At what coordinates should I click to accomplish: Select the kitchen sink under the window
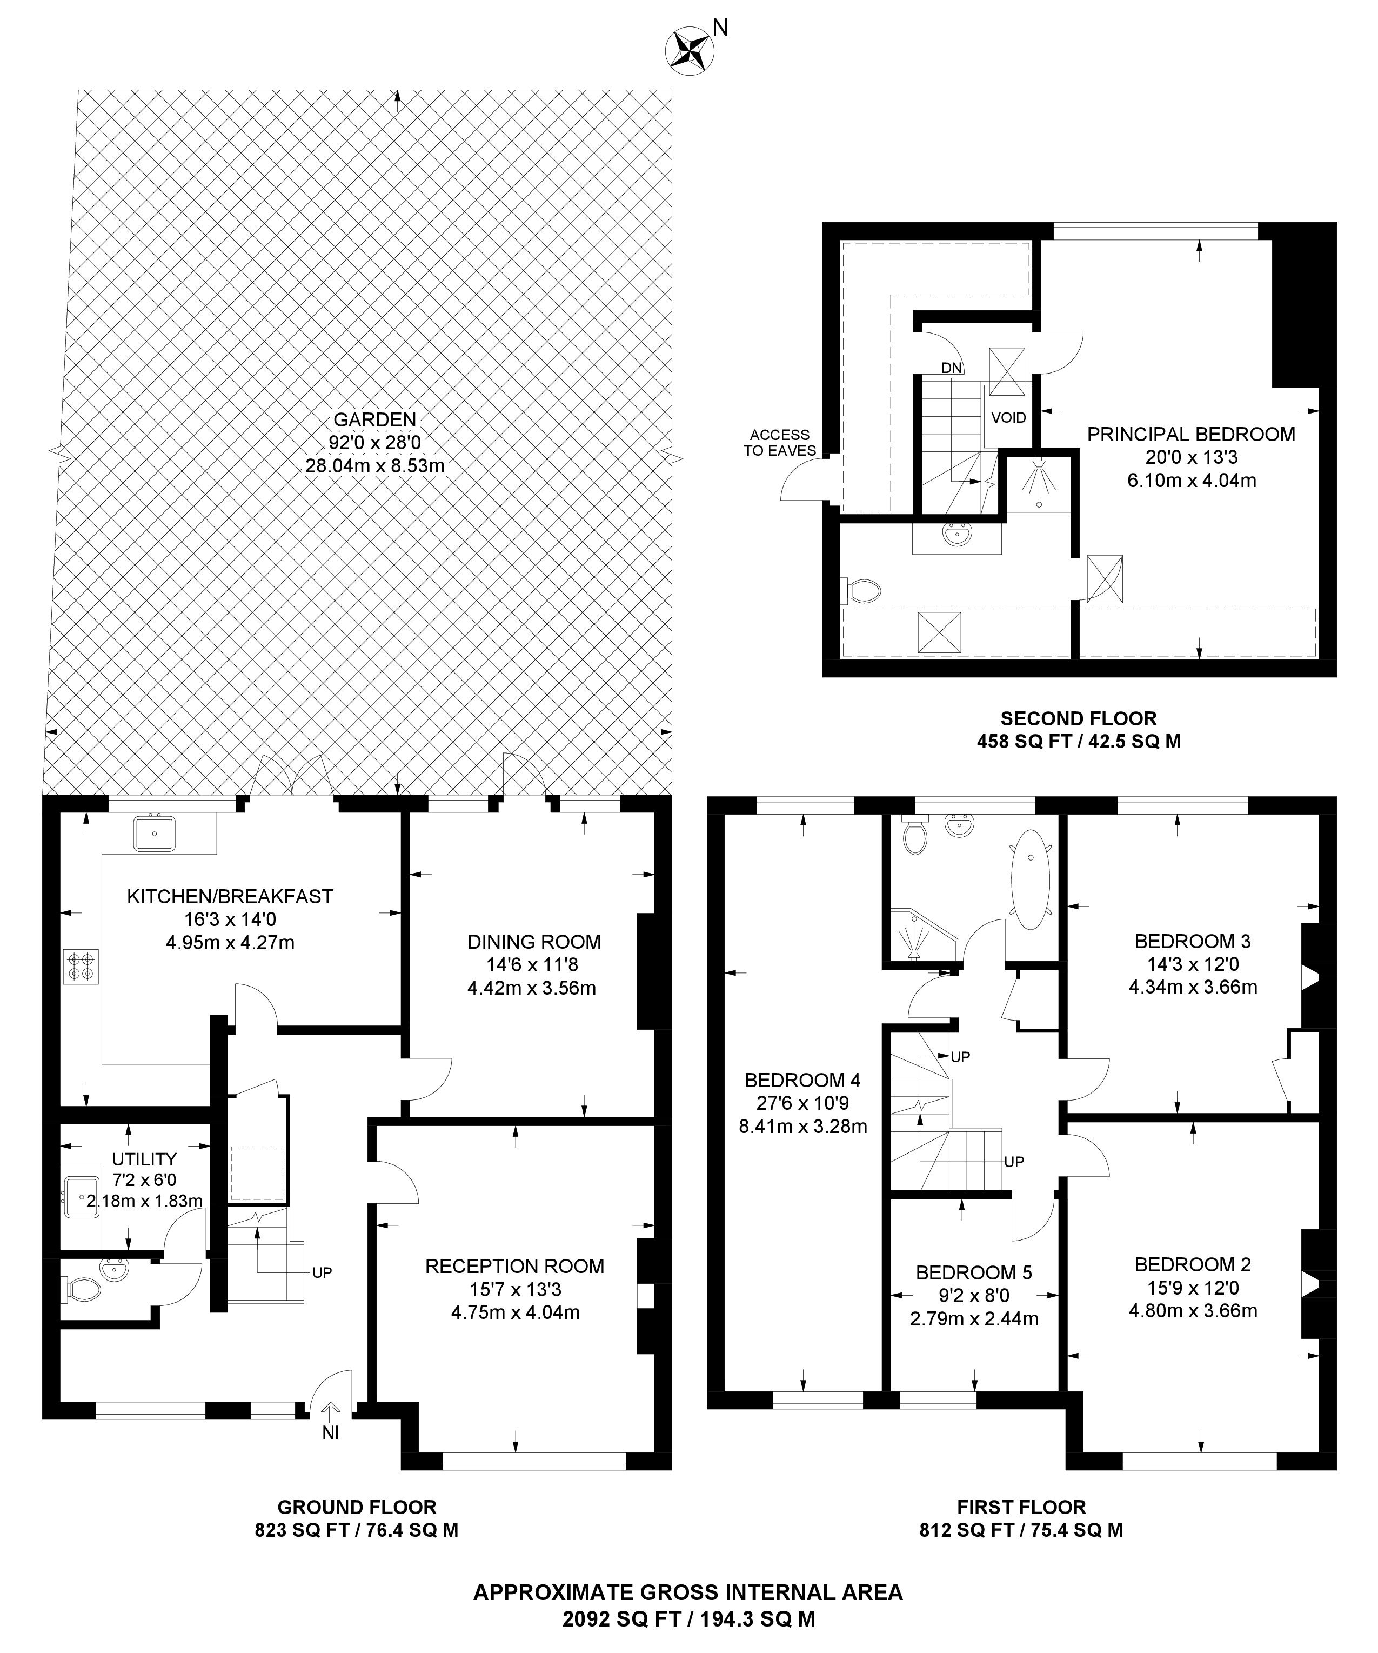click(x=154, y=834)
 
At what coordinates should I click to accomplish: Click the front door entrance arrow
click(x=331, y=1413)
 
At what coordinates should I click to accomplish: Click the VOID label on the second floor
click(x=1008, y=418)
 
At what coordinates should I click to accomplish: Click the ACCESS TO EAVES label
click(x=779, y=442)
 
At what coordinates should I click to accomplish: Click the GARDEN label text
click(x=374, y=421)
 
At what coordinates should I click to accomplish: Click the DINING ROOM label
click(x=533, y=942)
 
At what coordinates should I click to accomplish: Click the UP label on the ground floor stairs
click(x=322, y=1272)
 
